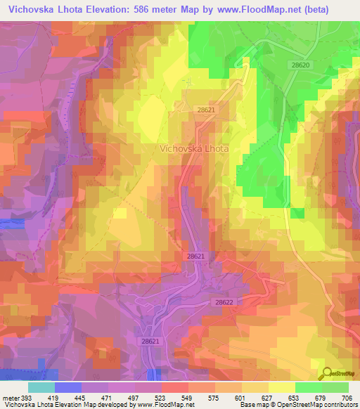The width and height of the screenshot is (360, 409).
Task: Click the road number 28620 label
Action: [300, 64]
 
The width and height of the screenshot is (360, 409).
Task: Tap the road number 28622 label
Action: [224, 301]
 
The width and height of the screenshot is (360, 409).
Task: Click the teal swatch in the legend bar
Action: [41, 387]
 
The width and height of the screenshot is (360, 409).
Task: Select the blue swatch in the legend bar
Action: [68, 387]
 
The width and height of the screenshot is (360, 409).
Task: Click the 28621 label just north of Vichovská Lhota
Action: [206, 110]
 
